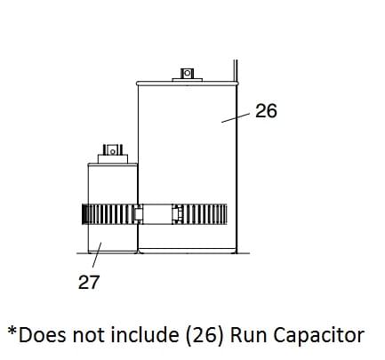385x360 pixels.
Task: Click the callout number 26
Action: (x=266, y=111)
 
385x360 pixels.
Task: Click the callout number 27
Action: (x=88, y=284)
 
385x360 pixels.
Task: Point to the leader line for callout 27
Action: (x=94, y=260)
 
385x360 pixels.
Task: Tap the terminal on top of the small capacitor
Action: (x=111, y=151)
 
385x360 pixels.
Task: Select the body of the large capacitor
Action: (x=187, y=151)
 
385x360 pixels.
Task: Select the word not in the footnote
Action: (x=84, y=335)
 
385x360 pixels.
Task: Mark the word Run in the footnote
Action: (x=243, y=335)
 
